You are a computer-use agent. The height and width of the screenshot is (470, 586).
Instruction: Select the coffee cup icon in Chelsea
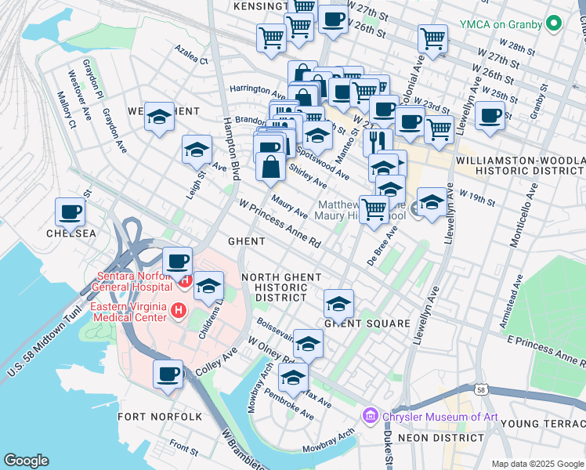tap(70, 211)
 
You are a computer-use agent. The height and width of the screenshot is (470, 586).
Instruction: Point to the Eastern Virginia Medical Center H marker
tap(179, 312)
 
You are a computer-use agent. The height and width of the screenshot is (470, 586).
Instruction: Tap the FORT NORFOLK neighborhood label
tap(160, 417)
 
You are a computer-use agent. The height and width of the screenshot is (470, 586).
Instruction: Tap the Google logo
tap(27, 461)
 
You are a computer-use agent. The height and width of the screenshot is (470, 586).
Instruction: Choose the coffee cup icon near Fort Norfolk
tap(168, 374)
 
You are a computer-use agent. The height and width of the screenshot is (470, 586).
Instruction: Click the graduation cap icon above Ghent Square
tap(338, 303)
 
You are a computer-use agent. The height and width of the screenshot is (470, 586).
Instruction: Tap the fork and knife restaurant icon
tap(378, 142)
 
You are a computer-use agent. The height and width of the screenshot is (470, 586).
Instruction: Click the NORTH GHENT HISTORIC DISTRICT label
tap(281, 287)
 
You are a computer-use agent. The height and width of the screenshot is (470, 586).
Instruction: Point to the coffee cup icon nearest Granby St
tap(490, 116)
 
